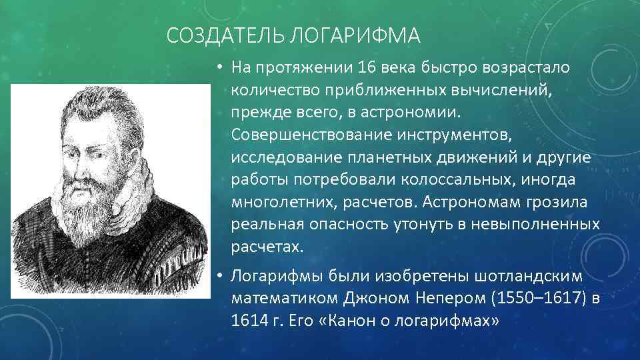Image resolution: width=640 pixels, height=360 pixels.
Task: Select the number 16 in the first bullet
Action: point(366,68)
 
